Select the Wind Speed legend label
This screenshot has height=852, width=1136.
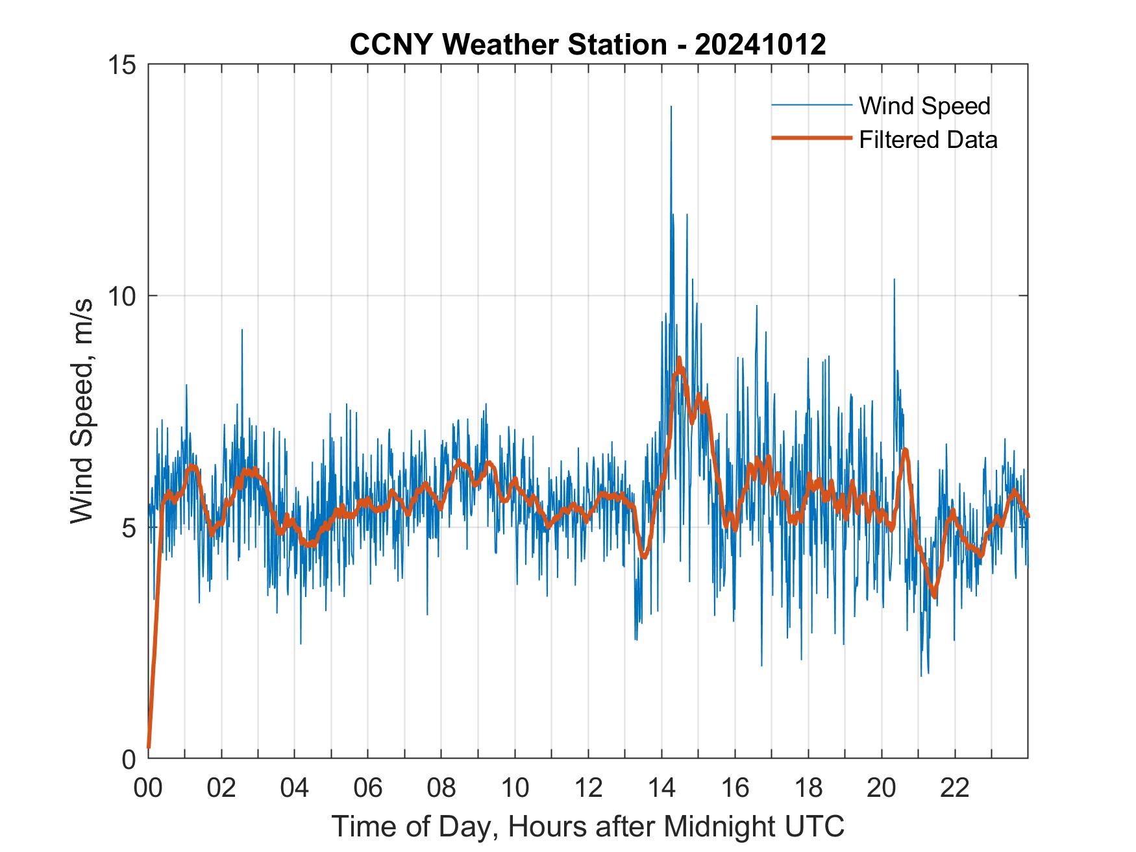(924, 106)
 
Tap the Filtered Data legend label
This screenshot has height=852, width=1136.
(928, 140)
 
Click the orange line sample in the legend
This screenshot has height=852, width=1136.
(811, 138)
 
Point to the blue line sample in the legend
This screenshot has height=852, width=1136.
(811, 105)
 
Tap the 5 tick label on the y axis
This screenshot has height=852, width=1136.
(128, 528)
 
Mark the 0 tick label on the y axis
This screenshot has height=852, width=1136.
(128, 759)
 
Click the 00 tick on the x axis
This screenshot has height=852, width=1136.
(148, 788)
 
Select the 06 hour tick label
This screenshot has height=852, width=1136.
(368, 788)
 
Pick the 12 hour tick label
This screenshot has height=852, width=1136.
(588, 788)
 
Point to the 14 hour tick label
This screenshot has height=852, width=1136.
(661, 788)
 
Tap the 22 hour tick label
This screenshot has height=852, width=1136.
(955, 788)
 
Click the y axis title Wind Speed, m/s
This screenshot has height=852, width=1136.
(82, 411)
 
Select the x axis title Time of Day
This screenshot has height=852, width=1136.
(588, 826)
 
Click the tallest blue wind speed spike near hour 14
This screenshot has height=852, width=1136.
(671, 107)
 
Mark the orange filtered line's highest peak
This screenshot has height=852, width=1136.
(679, 358)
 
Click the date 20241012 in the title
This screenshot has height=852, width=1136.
(760, 45)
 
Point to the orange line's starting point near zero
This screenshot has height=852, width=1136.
(149, 748)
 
